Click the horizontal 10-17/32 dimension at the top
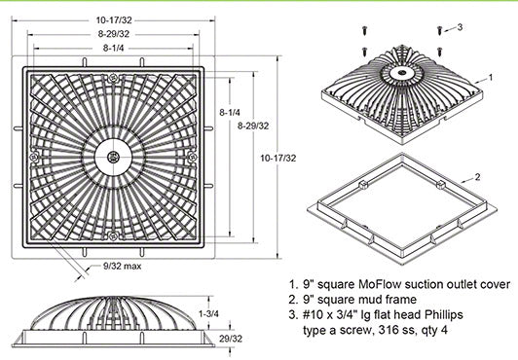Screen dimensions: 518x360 (114, 20)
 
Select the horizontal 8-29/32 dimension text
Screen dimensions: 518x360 (114, 34)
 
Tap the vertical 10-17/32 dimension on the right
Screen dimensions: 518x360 (278, 158)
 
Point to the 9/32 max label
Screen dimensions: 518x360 (123, 266)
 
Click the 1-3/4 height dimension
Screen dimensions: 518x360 (208, 313)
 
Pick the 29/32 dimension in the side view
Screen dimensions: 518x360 (231, 339)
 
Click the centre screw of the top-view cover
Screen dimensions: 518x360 (113, 157)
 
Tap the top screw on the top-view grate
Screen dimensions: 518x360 (113, 78)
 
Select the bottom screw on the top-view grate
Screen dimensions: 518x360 (113, 235)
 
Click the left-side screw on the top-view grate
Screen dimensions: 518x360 (34, 157)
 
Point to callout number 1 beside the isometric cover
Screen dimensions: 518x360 (491, 77)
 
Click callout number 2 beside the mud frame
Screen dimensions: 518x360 (477, 177)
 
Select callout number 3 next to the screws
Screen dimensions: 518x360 (460, 27)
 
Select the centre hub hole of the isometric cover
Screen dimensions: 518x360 (401, 72)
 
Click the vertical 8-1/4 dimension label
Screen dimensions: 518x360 (230, 112)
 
